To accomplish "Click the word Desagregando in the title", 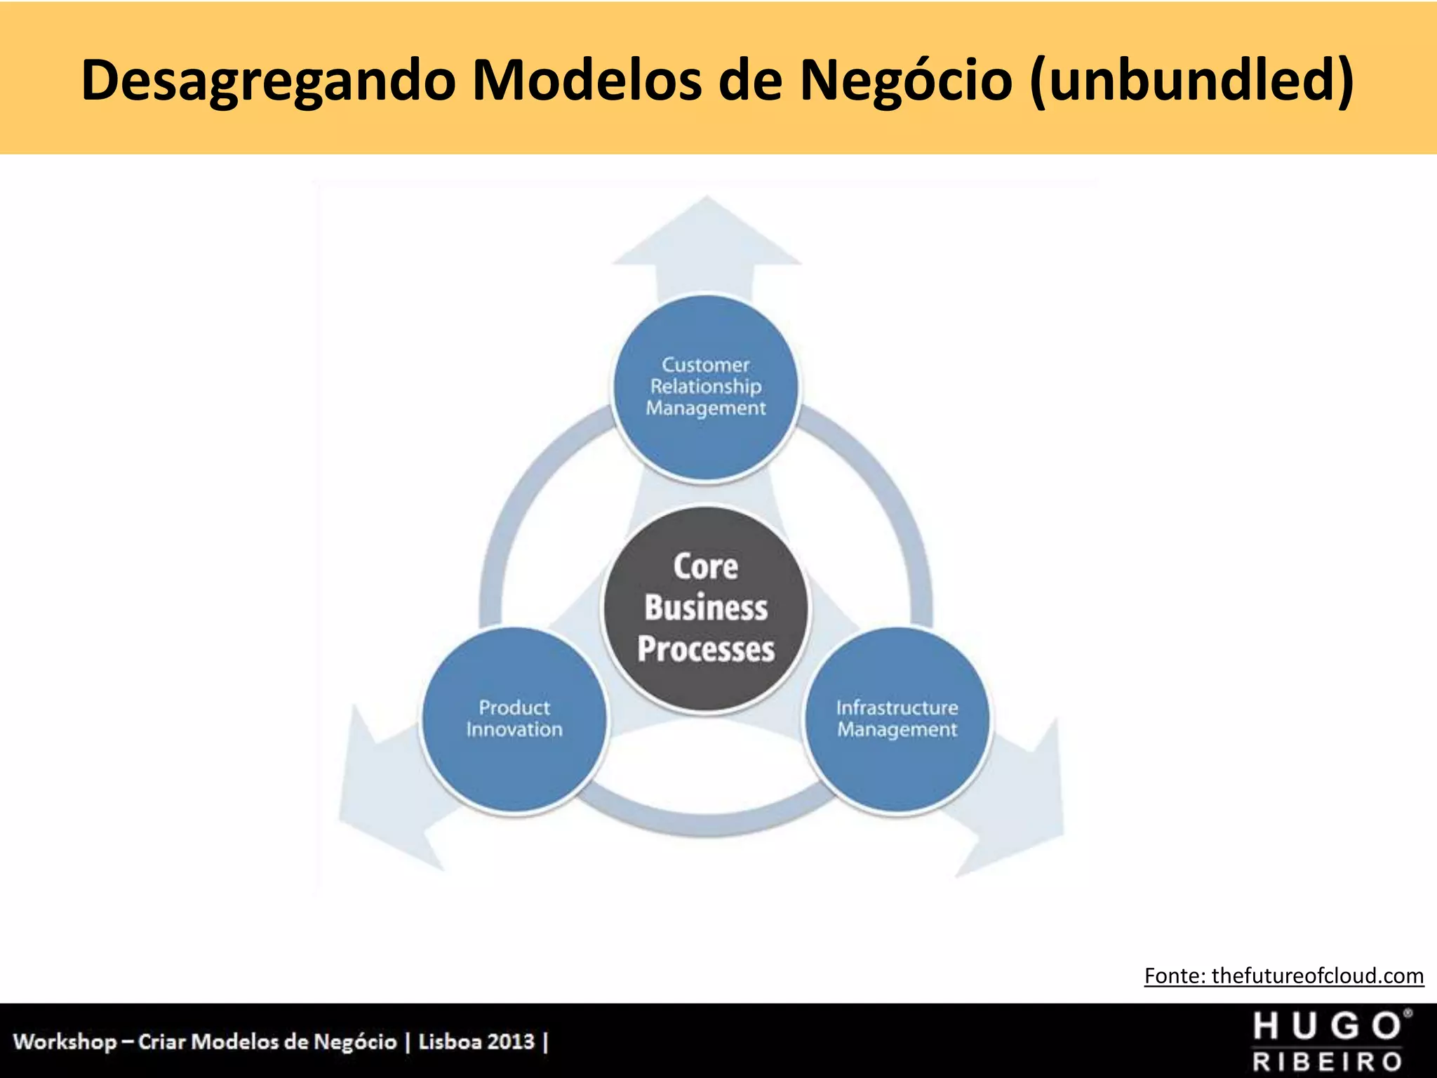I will click(x=269, y=80).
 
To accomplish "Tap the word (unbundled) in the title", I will click(x=1191, y=80).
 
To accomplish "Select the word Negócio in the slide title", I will click(x=907, y=80).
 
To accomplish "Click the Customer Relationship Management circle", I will click(x=706, y=387).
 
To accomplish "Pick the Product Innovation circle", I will click(x=514, y=719).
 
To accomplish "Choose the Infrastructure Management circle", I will click(x=897, y=719).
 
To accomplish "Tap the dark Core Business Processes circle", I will click(x=706, y=608).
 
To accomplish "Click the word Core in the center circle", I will click(x=706, y=567).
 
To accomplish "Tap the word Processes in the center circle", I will click(x=706, y=648).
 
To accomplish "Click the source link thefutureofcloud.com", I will click(x=1317, y=976).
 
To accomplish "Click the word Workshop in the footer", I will click(x=65, y=1042).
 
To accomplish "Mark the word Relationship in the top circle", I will click(x=706, y=387).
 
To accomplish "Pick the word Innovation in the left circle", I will click(x=514, y=730).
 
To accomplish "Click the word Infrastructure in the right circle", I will click(x=897, y=707).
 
